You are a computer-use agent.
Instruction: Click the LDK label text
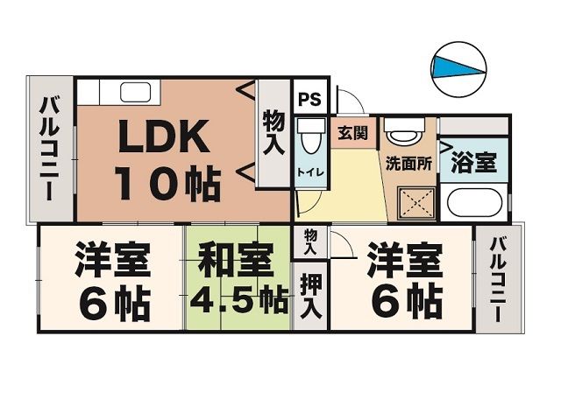tap(165, 137)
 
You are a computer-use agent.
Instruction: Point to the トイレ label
tap(310, 171)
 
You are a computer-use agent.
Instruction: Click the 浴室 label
tap(474, 162)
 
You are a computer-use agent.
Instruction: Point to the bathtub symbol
tap(472, 202)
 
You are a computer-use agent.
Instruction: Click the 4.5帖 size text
tap(238, 302)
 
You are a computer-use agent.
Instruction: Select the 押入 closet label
tap(309, 295)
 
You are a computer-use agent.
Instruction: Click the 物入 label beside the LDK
tap(273, 133)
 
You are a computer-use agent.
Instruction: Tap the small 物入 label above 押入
tap(310, 241)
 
